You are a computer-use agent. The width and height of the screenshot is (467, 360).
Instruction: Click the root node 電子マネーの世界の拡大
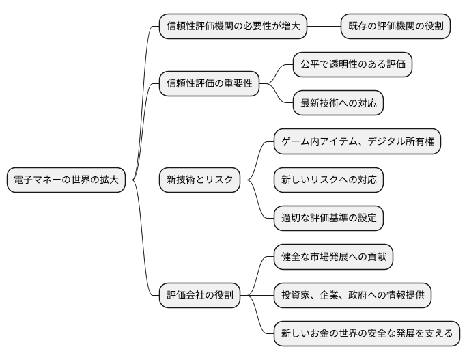pyautogui.click(x=66, y=180)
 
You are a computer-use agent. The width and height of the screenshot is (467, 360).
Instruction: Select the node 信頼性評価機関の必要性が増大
pyautogui.click(x=233, y=27)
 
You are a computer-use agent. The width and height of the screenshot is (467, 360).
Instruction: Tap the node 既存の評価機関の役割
pyautogui.click(x=395, y=27)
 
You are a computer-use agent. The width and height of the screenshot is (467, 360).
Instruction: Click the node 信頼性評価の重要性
pyautogui.click(x=210, y=84)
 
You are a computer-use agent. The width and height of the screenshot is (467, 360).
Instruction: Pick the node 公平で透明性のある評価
pyautogui.click(x=353, y=65)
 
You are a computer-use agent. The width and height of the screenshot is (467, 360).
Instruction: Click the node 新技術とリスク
pyautogui.click(x=200, y=180)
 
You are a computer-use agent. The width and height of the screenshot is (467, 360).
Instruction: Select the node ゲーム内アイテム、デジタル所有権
pyautogui.click(x=357, y=142)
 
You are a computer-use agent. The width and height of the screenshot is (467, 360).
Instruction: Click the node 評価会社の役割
pyautogui.click(x=200, y=296)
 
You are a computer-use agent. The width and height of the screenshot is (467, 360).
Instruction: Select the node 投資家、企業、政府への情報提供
pyautogui.click(x=353, y=296)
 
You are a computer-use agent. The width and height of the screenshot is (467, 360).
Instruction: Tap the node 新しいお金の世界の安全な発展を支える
pyautogui.click(x=367, y=334)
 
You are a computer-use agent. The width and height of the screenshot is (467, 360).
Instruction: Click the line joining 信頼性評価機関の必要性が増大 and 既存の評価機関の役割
pyautogui.click(x=324, y=27)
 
